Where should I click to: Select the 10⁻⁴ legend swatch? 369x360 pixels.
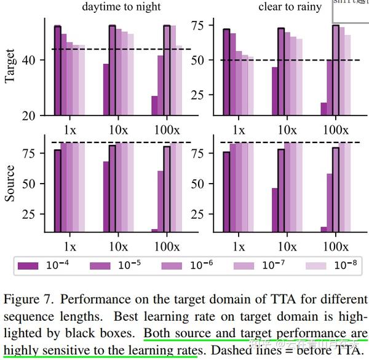pos(28,266)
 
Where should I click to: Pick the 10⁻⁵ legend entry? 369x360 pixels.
pos(102,266)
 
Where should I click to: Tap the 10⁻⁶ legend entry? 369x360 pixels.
pos(174,266)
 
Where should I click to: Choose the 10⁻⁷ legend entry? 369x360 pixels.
pos(247,266)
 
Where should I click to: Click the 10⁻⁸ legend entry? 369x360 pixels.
pos(319,266)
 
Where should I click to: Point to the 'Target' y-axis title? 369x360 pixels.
pos(10,67)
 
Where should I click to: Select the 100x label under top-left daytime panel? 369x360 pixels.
pos(167,130)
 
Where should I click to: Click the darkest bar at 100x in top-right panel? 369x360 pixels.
pos(323,109)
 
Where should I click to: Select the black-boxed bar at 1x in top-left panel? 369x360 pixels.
pos(57,71)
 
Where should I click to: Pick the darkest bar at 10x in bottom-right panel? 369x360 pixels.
pos(274,210)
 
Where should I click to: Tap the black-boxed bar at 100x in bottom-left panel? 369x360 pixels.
pos(167,189)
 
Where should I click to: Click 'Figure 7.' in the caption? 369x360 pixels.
pos(25,300)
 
